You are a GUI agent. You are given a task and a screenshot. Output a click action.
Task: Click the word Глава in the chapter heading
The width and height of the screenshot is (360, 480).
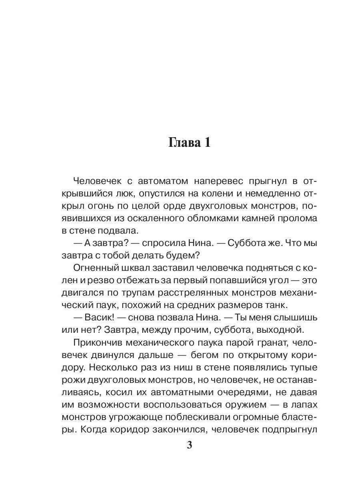[x=182, y=143]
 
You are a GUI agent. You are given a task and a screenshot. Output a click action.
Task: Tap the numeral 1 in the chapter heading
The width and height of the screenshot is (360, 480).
[x=207, y=143]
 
